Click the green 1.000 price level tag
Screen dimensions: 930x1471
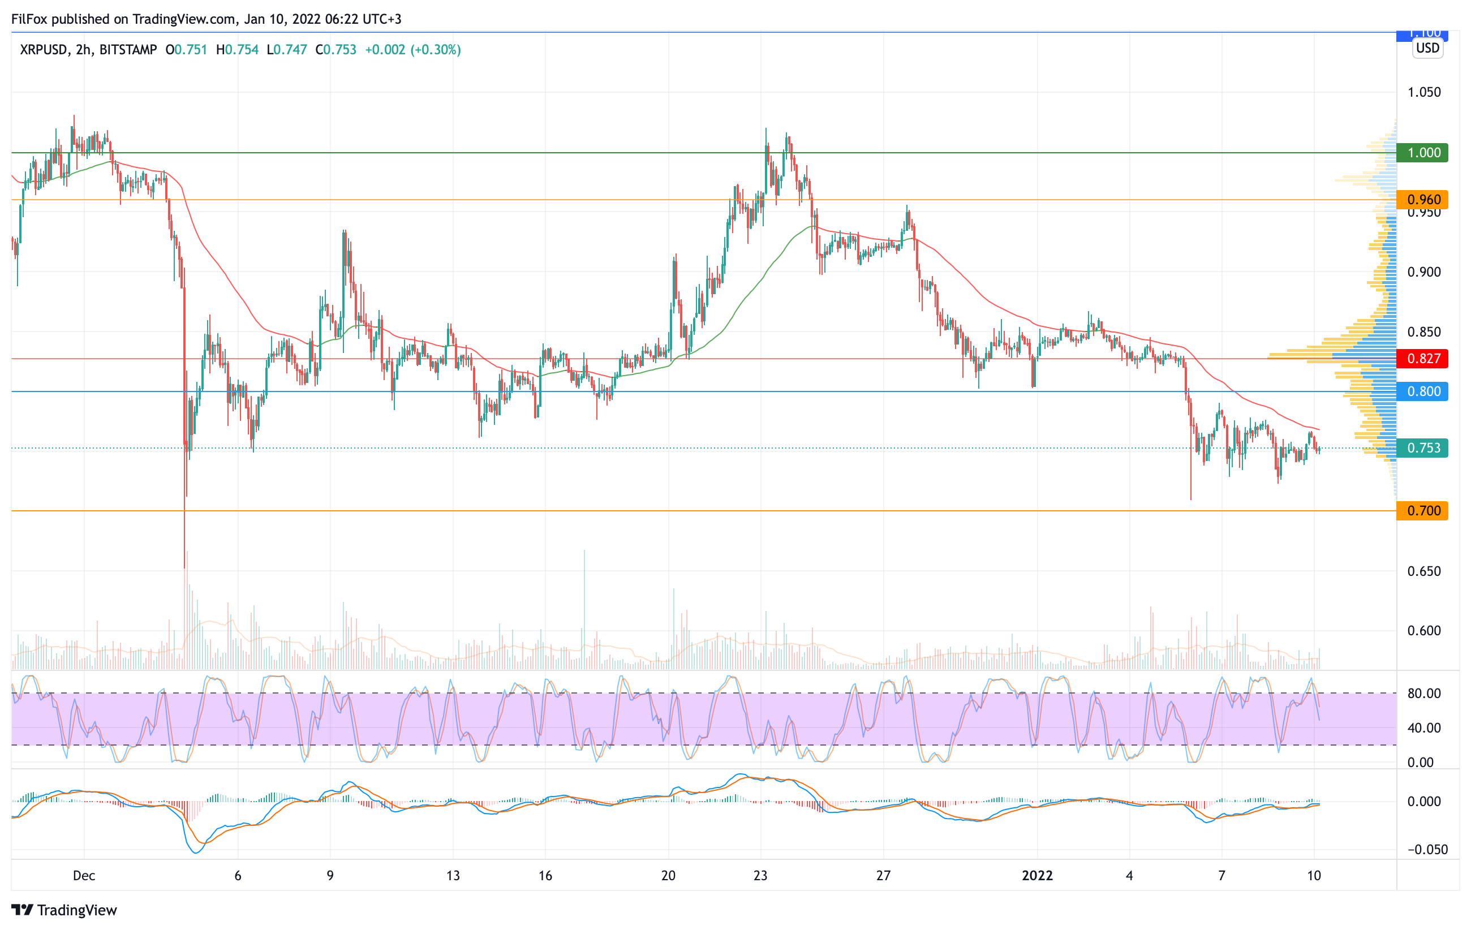point(1422,153)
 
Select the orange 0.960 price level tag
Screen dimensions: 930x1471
point(1422,200)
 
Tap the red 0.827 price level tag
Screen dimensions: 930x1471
point(1422,359)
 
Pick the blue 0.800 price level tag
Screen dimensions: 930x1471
point(1422,391)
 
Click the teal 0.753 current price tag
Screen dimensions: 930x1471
point(1422,448)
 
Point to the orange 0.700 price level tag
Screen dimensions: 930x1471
point(1422,510)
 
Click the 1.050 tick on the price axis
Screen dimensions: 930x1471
point(1423,92)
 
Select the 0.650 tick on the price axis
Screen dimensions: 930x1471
point(1423,571)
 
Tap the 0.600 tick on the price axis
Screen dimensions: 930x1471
point(1423,631)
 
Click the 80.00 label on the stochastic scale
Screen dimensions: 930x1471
point(1423,694)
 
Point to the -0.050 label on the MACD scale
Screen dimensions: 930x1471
point(1427,850)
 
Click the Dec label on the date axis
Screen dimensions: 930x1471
point(84,876)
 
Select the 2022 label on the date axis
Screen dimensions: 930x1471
point(1036,876)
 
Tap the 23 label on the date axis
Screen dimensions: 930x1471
point(760,876)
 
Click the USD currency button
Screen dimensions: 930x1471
point(1427,48)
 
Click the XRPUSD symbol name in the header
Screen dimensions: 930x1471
point(43,49)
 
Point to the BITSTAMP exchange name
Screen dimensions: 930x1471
point(128,49)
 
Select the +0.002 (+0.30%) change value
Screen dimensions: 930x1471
point(412,49)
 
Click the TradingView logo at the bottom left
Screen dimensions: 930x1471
point(64,910)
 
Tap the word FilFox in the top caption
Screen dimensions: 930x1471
point(29,19)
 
